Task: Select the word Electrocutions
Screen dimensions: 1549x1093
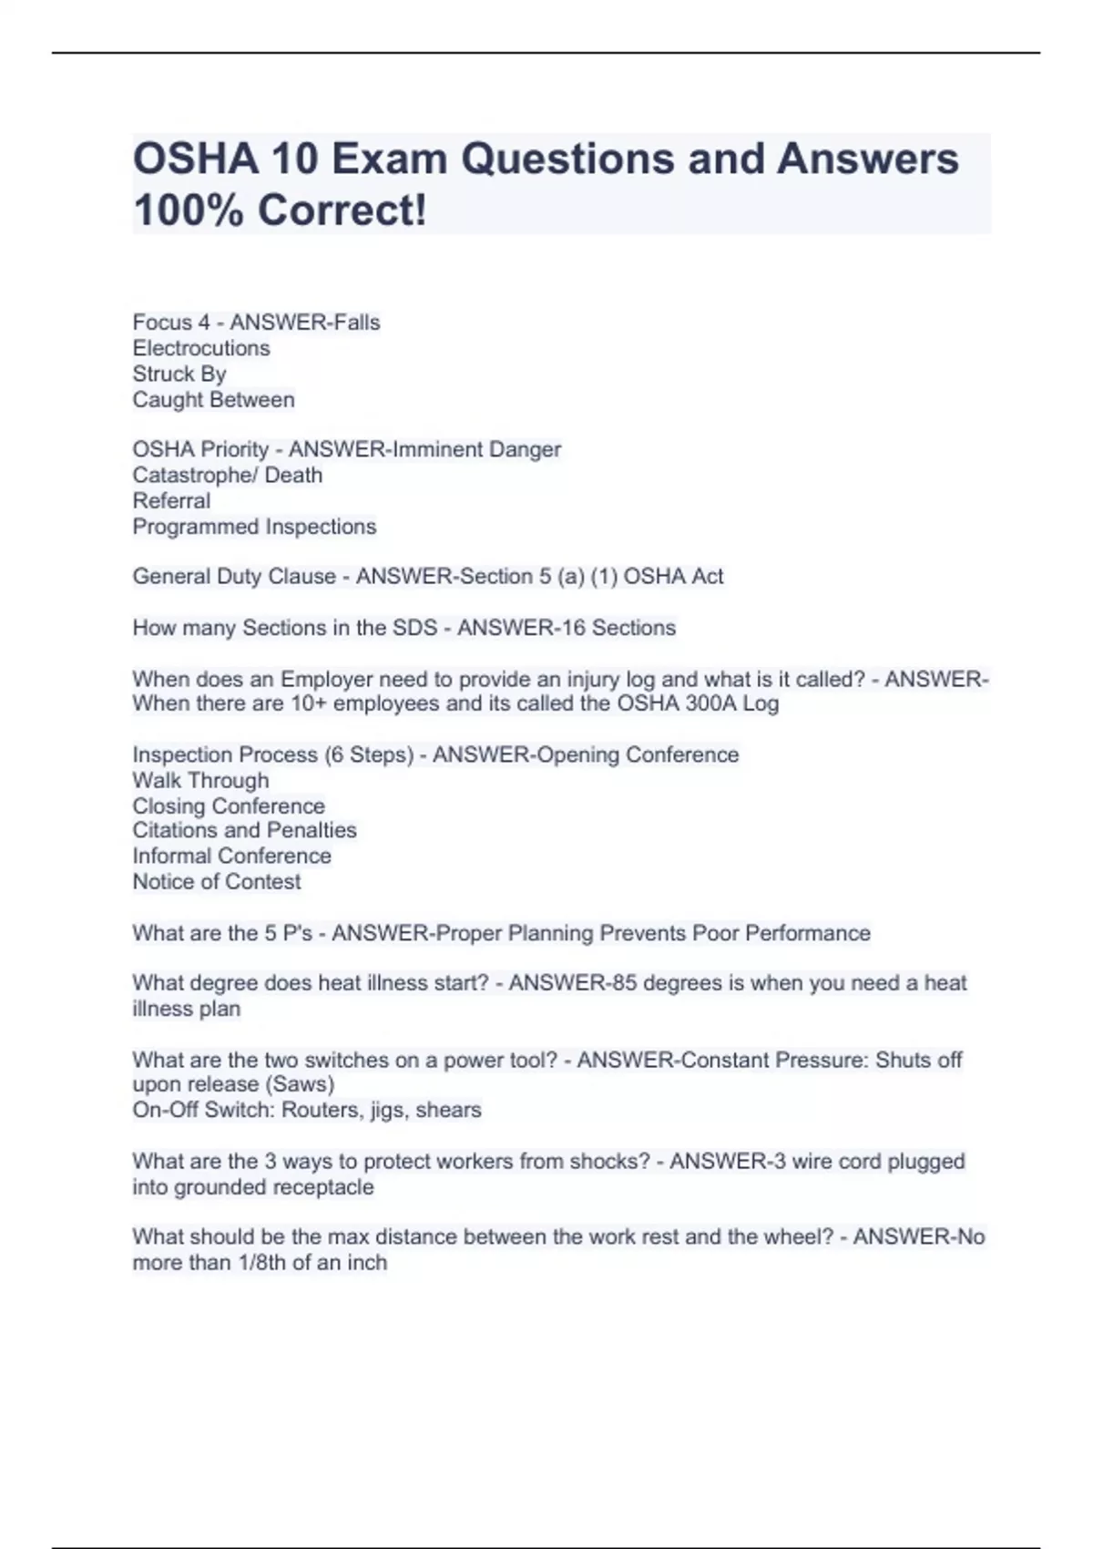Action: pos(201,348)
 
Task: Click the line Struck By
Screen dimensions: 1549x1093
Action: pos(179,374)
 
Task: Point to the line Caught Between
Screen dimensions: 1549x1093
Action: pos(213,400)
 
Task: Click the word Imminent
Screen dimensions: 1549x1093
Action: pos(436,449)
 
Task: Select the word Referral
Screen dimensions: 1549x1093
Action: pos(171,501)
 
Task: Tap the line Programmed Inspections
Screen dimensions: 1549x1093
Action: pos(254,527)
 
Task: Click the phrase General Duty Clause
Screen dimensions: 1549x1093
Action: pos(233,577)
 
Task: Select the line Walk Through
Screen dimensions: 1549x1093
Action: pos(200,781)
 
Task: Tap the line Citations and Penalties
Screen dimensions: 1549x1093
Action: pos(244,830)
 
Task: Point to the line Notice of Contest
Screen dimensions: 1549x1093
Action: pos(216,882)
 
